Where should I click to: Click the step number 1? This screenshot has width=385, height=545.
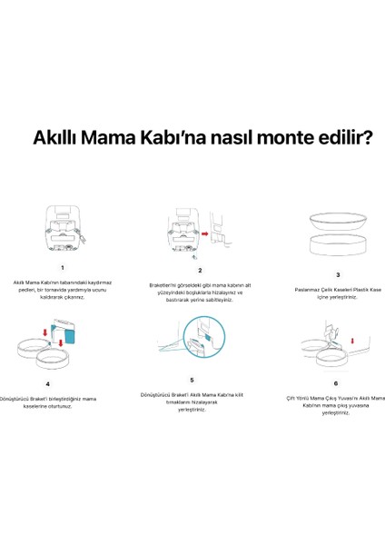click(x=62, y=267)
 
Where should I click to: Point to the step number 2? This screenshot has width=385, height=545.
click(x=200, y=270)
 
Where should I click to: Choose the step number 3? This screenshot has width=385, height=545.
click(x=338, y=274)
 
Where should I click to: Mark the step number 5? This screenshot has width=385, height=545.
click(x=192, y=379)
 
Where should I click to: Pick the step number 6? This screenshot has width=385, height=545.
click(x=336, y=383)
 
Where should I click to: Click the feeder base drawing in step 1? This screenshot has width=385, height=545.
click(x=62, y=233)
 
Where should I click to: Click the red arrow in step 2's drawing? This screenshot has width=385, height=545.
click(x=206, y=233)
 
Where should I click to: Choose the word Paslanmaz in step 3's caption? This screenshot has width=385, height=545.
click(x=311, y=290)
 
